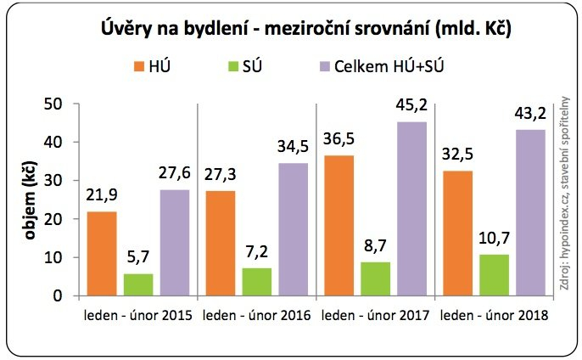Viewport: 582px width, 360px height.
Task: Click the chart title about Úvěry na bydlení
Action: point(291,27)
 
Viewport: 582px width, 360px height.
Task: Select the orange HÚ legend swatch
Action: point(141,67)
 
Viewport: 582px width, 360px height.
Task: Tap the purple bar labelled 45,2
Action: point(411,208)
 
